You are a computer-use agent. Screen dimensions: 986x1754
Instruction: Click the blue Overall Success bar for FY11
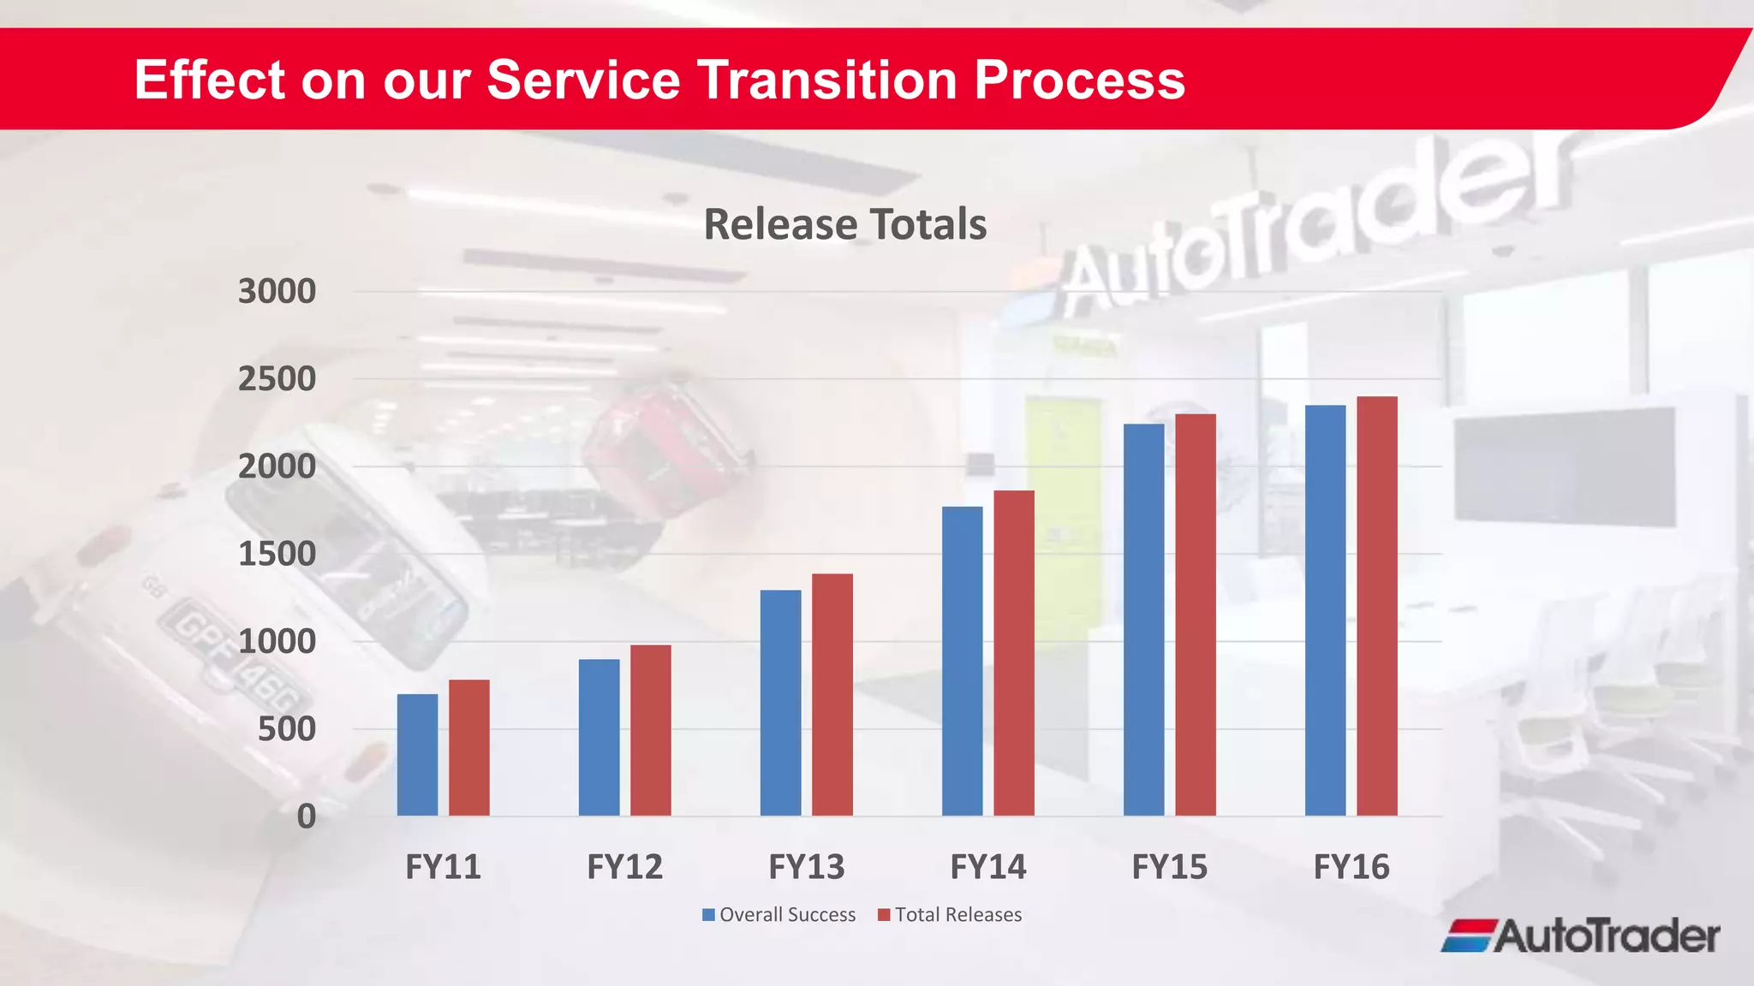click(417, 754)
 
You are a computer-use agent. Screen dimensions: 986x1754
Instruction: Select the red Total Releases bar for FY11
click(468, 747)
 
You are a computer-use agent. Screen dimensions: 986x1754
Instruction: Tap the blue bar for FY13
click(780, 703)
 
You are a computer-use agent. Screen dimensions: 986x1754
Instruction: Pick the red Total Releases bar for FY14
click(1013, 653)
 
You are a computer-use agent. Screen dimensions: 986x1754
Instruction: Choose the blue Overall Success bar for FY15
click(1143, 620)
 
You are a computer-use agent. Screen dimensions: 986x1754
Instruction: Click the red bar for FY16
click(1376, 606)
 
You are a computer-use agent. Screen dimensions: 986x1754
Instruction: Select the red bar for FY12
click(650, 730)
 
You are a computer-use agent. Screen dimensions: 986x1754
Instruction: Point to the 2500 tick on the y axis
click(277, 379)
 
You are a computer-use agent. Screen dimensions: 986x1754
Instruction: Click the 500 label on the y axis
click(287, 729)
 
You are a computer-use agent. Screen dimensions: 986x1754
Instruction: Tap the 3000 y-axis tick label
click(277, 292)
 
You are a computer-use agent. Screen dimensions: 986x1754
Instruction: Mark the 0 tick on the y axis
click(306, 817)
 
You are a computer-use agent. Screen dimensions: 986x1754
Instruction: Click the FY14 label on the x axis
click(987, 867)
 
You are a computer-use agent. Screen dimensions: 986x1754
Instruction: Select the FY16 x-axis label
click(1351, 867)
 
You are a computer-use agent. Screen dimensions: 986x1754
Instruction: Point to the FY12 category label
click(624, 867)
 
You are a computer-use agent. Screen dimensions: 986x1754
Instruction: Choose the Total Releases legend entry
click(950, 915)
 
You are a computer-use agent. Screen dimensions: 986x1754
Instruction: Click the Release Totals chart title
click(844, 224)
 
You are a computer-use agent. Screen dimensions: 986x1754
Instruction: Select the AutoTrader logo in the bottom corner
click(1580, 936)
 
